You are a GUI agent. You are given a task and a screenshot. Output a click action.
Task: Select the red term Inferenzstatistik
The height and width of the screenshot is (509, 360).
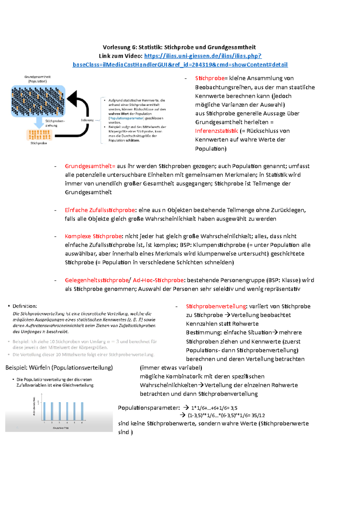(216, 131)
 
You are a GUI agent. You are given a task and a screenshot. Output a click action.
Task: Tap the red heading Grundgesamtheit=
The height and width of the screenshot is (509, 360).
(90, 166)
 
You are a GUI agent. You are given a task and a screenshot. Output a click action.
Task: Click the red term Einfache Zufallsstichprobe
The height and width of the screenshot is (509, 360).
(100, 210)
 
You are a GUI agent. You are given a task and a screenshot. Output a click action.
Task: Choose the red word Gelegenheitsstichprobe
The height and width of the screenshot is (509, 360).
(97, 280)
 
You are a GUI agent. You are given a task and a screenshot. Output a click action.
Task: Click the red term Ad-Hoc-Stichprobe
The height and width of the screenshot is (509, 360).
(158, 280)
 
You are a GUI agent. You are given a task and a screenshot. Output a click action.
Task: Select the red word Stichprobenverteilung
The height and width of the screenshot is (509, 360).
(216, 306)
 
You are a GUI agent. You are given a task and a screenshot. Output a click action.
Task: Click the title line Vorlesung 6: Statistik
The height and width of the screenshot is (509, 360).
(179, 47)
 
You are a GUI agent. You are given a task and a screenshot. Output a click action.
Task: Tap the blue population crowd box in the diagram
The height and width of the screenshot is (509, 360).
(38, 101)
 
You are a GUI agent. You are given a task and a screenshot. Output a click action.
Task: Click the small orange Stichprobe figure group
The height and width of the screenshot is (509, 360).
(39, 135)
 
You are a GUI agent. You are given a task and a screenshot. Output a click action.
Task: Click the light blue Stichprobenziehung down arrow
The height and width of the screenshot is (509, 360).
(39, 122)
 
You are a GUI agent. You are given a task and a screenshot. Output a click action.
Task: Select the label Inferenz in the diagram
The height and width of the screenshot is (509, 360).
(87, 120)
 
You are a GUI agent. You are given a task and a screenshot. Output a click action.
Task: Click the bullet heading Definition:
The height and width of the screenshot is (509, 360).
(25, 306)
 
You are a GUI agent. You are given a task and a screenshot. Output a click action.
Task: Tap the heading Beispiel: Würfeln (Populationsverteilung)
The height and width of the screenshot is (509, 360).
(59, 368)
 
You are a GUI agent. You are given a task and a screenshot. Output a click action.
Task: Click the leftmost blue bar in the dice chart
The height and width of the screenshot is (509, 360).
(45, 411)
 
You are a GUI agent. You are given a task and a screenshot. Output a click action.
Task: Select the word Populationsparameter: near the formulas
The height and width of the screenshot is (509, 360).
(149, 408)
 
